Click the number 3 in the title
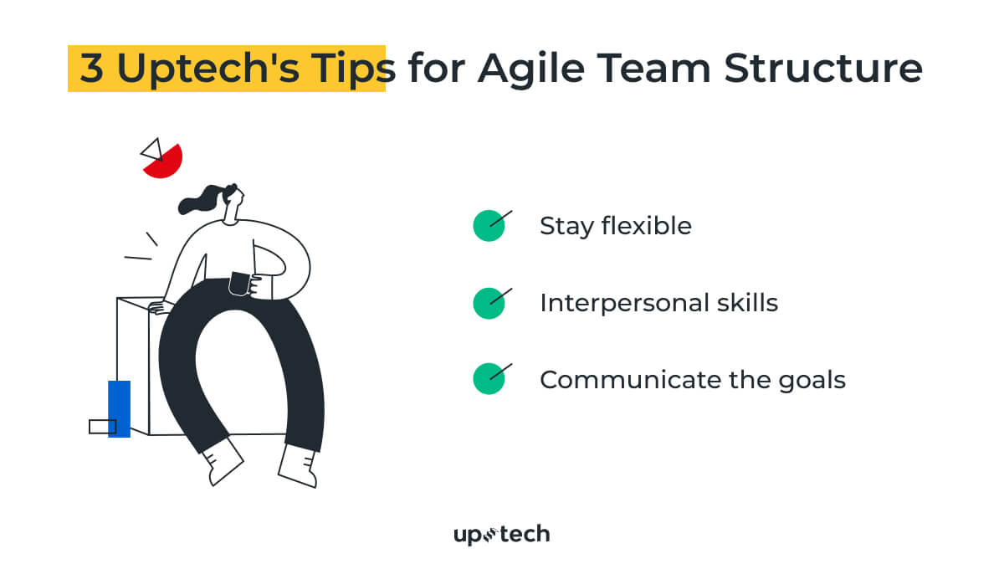92,69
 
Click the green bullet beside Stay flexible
489,226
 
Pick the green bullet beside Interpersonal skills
489,303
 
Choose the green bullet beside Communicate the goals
489,379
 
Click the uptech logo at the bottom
501,534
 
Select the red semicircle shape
165,162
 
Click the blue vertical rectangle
120,408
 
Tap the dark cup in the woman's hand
239,284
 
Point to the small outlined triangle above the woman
151,150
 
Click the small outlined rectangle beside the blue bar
100,427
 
